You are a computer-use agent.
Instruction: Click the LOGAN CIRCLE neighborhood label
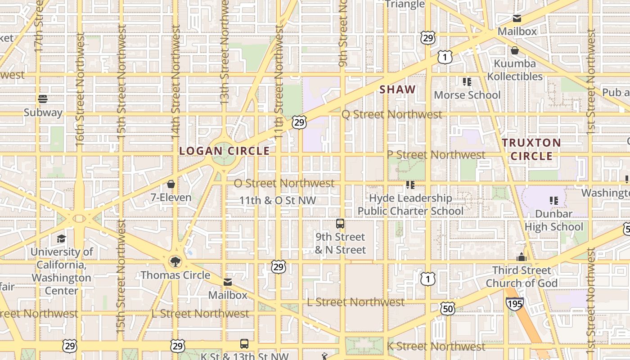pyautogui.click(x=224, y=151)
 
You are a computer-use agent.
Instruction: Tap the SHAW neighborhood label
pyautogui.click(x=397, y=90)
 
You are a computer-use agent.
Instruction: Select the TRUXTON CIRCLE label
pyautogui.click(x=531, y=149)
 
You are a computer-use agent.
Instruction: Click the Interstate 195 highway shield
pyautogui.click(x=514, y=304)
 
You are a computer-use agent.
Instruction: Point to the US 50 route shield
pyautogui.click(x=448, y=309)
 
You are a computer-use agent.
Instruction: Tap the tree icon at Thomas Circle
pyautogui.click(x=175, y=261)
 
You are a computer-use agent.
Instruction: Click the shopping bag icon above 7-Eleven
pyautogui.click(x=171, y=184)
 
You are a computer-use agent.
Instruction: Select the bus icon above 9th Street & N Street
pyautogui.click(x=340, y=224)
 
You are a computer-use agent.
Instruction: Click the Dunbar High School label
pyautogui.click(x=553, y=220)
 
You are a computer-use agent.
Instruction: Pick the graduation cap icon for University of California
pyautogui.click(x=61, y=238)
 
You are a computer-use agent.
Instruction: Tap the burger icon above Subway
pyautogui.click(x=43, y=99)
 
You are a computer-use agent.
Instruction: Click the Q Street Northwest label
pyautogui.click(x=392, y=114)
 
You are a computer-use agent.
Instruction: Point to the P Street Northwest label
pyautogui.click(x=436, y=155)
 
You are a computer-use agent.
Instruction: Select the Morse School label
pyautogui.click(x=467, y=95)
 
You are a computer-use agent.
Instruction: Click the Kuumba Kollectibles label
pyautogui.click(x=515, y=70)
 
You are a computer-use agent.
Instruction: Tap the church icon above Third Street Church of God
pyautogui.click(x=522, y=257)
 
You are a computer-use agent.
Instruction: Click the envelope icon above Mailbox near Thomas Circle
pyautogui.click(x=228, y=282)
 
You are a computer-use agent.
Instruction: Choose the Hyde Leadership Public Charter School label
pyautogui.click(x=410, y=204)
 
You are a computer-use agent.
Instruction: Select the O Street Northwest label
pyautogui.click(x=284, y=183)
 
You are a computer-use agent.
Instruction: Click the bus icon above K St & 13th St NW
pyautogui.click(x=244, y=344)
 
